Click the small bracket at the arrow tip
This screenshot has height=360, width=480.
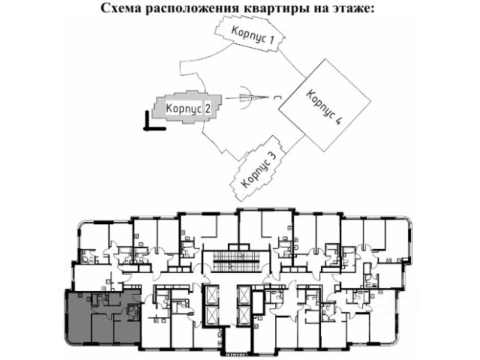(279, 97)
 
